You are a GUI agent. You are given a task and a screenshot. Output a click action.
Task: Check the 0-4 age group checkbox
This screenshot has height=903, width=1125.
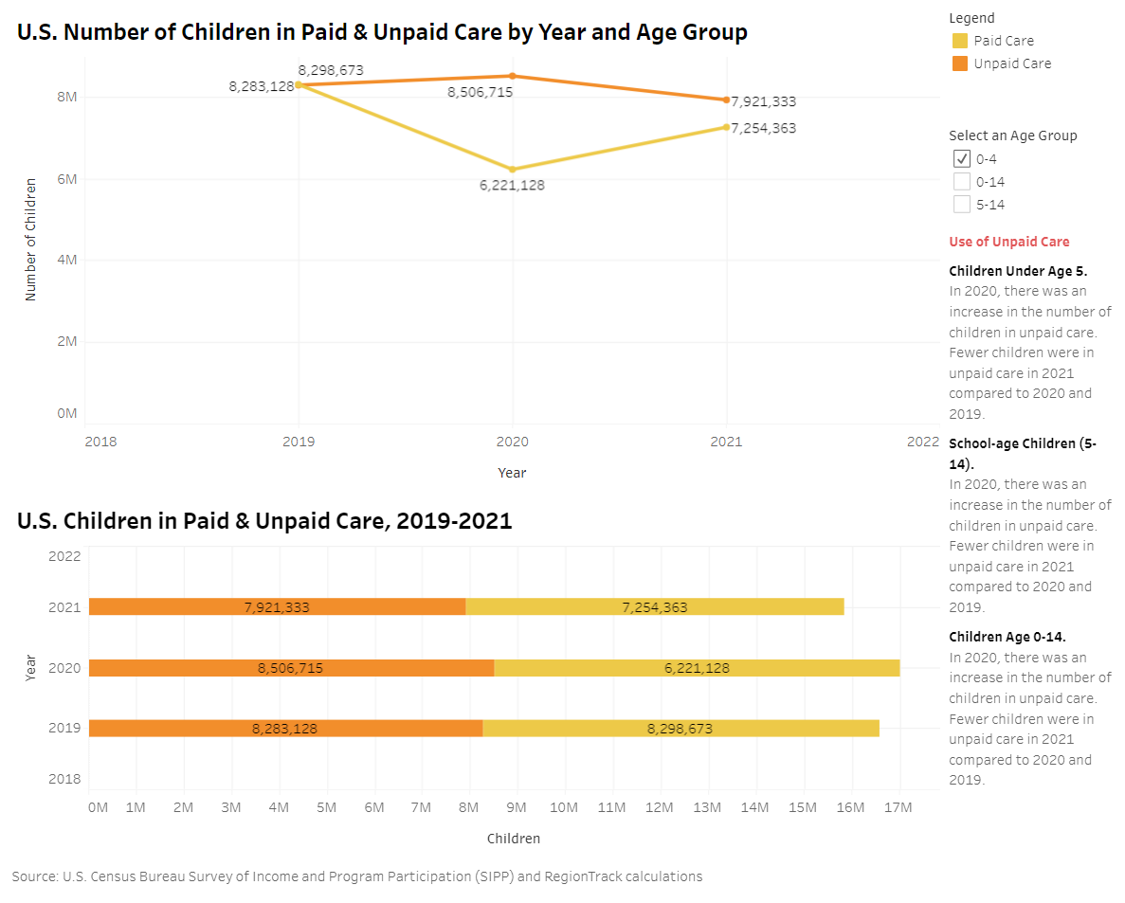coord(962,158)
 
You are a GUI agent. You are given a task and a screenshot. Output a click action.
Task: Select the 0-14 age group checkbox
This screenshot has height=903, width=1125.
coord(962,181)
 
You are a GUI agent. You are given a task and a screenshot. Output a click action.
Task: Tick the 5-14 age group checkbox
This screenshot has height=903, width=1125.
coord(962,204)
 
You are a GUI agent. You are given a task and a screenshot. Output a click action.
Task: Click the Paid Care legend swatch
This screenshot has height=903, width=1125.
coord(960,41)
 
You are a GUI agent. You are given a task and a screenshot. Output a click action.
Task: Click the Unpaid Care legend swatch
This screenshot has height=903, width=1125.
coord(960,63)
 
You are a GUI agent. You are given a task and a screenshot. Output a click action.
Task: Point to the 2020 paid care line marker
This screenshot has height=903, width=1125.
coord(513,170)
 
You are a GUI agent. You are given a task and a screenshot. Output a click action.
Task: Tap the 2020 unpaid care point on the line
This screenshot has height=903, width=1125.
coord(513,76)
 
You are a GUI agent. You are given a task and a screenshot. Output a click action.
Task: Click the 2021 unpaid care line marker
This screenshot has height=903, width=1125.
coord(727,99)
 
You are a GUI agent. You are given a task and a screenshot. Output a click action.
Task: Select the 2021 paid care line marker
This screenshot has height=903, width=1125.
coord(727,127)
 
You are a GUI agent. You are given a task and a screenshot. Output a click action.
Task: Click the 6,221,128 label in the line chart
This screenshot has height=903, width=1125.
coord(512,186)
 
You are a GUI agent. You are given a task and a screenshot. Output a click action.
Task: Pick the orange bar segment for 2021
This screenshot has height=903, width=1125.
coord(277,606)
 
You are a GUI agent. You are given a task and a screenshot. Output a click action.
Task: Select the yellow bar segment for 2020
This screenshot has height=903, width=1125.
coord(697,668)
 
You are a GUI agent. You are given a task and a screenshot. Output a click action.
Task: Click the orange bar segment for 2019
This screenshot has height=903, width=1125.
coord(285,729)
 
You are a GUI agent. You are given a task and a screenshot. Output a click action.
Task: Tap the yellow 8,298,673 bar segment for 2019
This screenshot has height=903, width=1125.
coord(680,729)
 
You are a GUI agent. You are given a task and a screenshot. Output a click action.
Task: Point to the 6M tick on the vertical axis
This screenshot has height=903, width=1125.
coord(66,178)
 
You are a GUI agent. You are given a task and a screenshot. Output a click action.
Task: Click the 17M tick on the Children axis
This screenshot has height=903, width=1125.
coord(898,807)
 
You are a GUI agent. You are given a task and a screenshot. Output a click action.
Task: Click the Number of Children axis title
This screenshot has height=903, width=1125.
coord(30,239)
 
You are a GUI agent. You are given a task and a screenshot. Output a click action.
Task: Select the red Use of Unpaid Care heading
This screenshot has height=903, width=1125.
coord(1009,242)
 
